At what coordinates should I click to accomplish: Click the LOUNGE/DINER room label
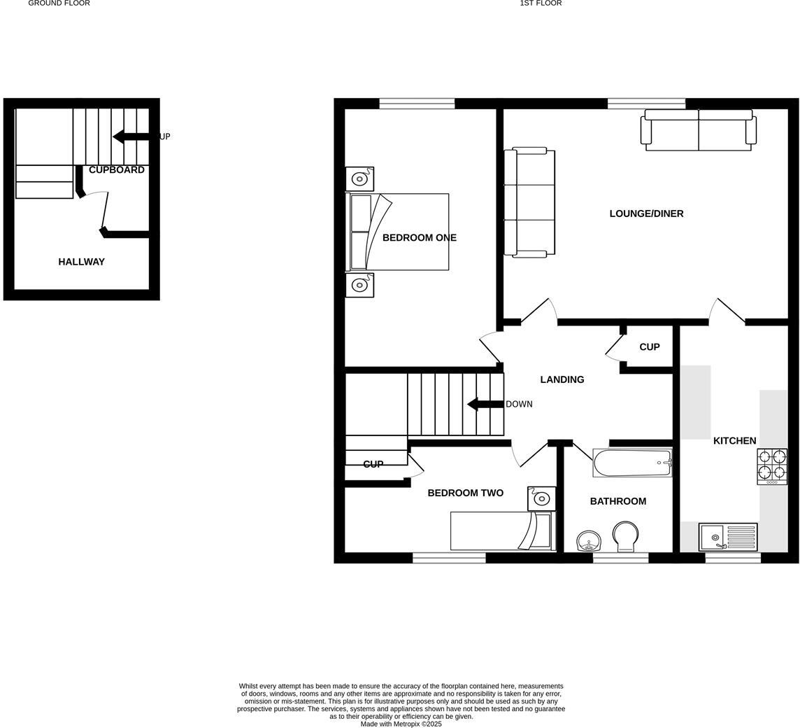coord(646,213)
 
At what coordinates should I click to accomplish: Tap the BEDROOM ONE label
coord(419,238)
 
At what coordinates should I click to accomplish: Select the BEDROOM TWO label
coord(465,493)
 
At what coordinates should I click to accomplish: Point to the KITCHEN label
coord(734,441)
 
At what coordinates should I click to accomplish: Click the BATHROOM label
coord(617,501)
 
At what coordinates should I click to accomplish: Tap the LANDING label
coord(562,379)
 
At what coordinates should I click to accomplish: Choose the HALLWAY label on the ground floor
coord(81,262)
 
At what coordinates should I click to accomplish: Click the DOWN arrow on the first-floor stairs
coord(485,404)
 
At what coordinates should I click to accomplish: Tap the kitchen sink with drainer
coord(728,538)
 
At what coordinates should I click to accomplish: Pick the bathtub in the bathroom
coord(632,463)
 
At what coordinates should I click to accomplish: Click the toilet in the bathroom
coord(624,537)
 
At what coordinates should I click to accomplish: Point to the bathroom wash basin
coord(589,541)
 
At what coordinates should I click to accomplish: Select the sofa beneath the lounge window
coord(698,130)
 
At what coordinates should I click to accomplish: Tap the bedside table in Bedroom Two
coord(541,498)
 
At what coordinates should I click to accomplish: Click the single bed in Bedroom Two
coord(501,531)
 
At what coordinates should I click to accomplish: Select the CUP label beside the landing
coord(649,347)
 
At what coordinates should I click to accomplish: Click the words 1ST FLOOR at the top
coord(541,3)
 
